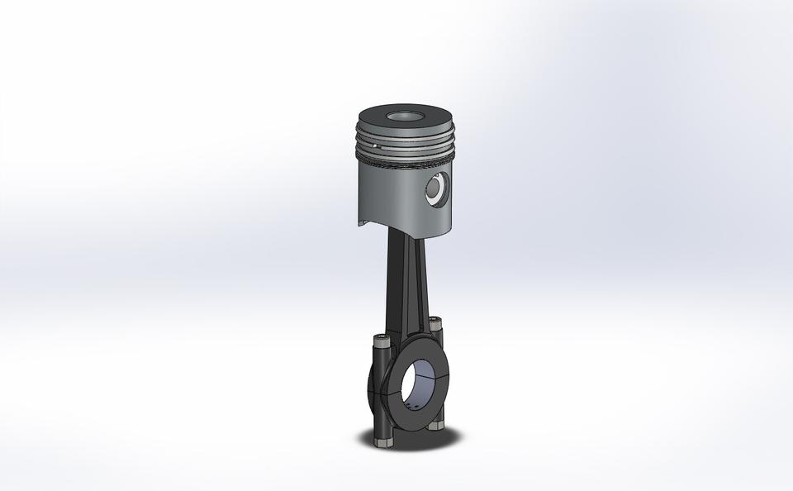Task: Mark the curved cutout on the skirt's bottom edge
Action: point(369,222)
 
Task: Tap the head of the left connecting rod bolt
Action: point(381,339)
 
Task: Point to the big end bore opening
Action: point(420,384)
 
